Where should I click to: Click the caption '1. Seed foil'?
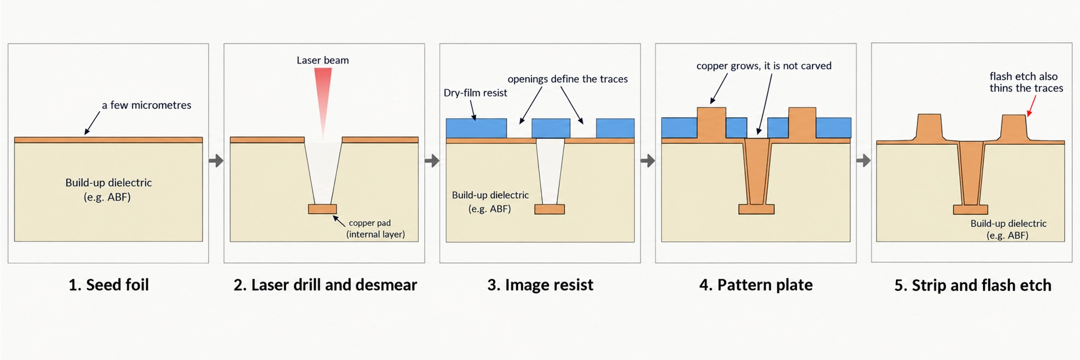click(x=109, y=285)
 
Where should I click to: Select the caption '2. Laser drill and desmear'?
click(x=325, y=285)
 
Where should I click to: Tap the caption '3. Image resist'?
click(x=540, y=285)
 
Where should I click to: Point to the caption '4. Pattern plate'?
click(x=756, y=285)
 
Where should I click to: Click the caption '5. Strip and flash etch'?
click(x=973, y=285)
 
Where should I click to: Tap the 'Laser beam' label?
click(x=323, y=60)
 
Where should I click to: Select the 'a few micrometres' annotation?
click(x=147, y=105)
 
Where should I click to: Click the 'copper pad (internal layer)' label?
click(x=376, y=228)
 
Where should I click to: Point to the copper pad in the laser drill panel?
click(x=323, y=209)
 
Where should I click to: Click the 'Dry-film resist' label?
click(x=476, y=93)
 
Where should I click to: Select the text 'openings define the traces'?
click(x=568, y=79)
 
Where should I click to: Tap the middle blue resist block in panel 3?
click(x=551, y=128)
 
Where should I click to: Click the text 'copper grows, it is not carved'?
click(x=764, y=66)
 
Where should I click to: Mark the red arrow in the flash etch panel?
click(x=1032, y=105)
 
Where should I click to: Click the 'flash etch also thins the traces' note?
click(x=1026, y=82)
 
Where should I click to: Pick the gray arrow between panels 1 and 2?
click(x=216, y=161)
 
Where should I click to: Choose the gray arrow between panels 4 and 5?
click(x=864, y=161)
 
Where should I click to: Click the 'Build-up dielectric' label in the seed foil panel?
click(x=108, y=190)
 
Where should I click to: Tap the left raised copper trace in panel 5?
click(x=930, y=127)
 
